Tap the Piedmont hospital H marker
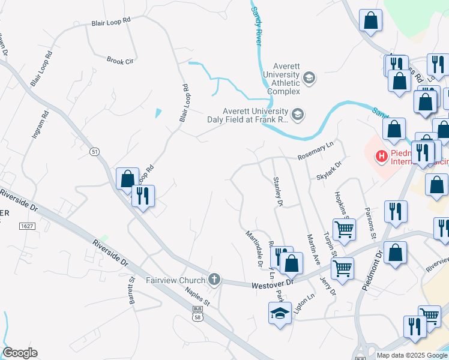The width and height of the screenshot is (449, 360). point(381,157)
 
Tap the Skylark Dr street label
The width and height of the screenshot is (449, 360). point(330,170)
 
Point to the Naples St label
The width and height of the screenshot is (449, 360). point(197,295)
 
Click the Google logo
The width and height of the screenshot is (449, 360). point(20,353)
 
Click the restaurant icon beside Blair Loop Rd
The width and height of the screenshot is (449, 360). point(143,196)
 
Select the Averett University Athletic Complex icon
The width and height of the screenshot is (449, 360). point(309,77)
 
